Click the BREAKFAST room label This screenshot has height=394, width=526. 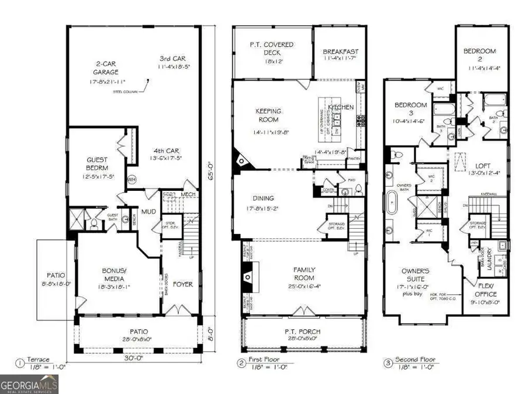tap(341, 52)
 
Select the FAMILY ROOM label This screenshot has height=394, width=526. tap(304, 273)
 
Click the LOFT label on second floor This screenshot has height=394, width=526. tap(480, 165)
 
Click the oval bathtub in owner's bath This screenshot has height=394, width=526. tap(390, 205)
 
